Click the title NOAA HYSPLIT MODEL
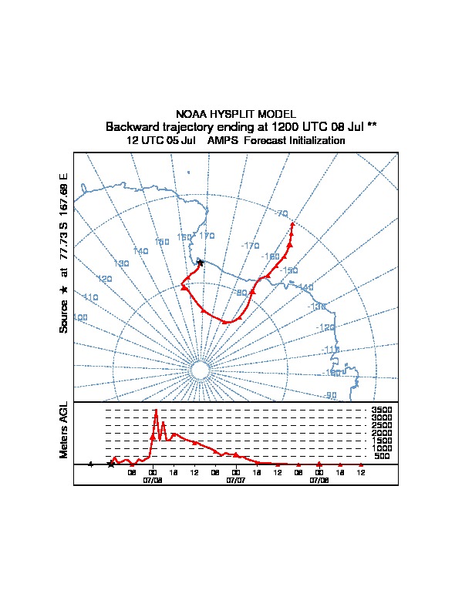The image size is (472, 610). click(235, 114)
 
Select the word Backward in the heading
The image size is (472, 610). click(133, 126)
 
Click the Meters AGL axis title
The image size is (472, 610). click(64, 430)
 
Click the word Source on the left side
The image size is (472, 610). click(64, 315)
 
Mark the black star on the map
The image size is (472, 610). click(200, 263)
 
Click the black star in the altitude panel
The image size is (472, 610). click(111, 464)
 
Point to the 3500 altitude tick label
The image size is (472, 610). click(382, 411)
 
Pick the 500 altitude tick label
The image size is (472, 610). click(382, 457)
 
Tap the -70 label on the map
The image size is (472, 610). click(281, 213)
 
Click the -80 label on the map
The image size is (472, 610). click(241, 293)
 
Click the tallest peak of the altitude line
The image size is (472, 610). click(157, 411)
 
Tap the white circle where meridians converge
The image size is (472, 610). click(200, 371)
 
